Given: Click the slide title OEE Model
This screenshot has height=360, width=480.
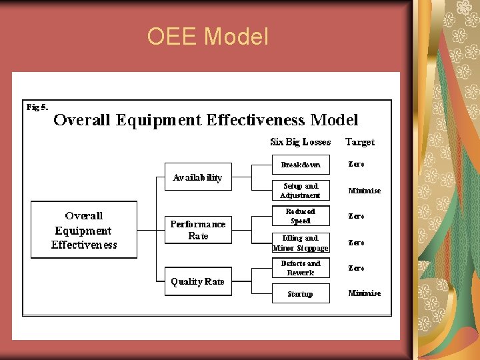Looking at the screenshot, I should (x=207, y=36).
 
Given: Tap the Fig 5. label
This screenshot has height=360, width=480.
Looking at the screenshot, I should (x=37, y=107).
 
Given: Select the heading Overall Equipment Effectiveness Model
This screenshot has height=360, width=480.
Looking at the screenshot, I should (x=205, y=120).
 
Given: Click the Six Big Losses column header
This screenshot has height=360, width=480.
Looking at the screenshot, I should (x=300, y=142).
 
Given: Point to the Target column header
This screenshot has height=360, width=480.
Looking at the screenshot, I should (x=360, y=142).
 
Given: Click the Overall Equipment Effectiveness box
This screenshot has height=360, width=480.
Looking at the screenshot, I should (x=84, y=230).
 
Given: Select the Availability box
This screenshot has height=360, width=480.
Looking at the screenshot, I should (x=198, y=177).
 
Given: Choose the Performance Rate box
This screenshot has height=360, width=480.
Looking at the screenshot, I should (x=198, y=230).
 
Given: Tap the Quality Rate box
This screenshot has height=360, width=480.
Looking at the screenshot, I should (x=198, y=281).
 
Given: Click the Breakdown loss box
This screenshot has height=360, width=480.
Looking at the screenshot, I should (x=301, y=165).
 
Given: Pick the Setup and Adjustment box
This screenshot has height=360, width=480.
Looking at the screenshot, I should (x=301, y=191).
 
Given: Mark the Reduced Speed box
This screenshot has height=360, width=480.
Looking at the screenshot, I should (x=301, y=216).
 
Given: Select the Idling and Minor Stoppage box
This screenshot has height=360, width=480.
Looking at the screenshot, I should (x=301, y=243).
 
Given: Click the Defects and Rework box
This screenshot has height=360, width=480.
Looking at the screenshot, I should (x=301, y=268).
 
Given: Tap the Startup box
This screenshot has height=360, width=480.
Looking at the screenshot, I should (x=301, y=294).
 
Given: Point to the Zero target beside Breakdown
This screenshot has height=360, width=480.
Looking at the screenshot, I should (x=357, y=165).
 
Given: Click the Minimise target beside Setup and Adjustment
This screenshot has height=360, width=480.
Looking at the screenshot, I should (x=365, y=191).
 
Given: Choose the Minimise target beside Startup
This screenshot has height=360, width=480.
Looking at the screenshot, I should (x=365, y=293).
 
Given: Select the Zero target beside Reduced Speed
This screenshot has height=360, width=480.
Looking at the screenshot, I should (x=357, y=216).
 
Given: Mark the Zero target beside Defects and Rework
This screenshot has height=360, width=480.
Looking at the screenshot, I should (x=357, y=268).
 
